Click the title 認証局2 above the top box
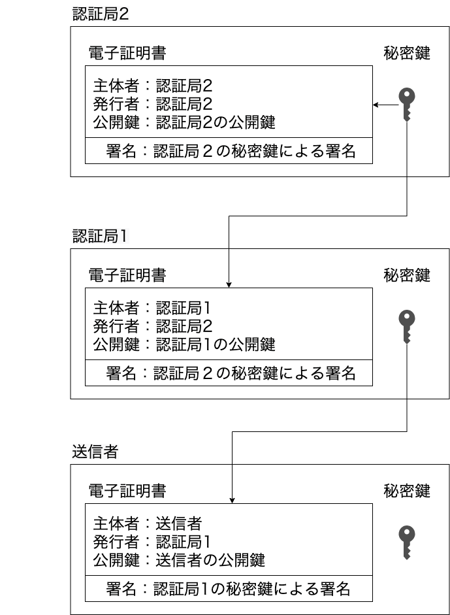[x=101, y=14]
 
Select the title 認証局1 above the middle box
[x=101, y=236]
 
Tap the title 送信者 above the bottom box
[x=95, y=452]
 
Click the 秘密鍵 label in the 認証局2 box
[x=407, y=54]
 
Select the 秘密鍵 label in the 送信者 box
[x=407, y=491]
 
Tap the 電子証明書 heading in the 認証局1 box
[x=127, y=275]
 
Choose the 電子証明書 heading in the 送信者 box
[x=127, y=491]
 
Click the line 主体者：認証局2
[x=153, y=85]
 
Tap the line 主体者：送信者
[x=147, y=523]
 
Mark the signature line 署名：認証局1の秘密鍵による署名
[x=229, y=589]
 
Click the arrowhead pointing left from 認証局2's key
[x=376, y=105]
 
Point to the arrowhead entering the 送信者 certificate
[x=233, y=501]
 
